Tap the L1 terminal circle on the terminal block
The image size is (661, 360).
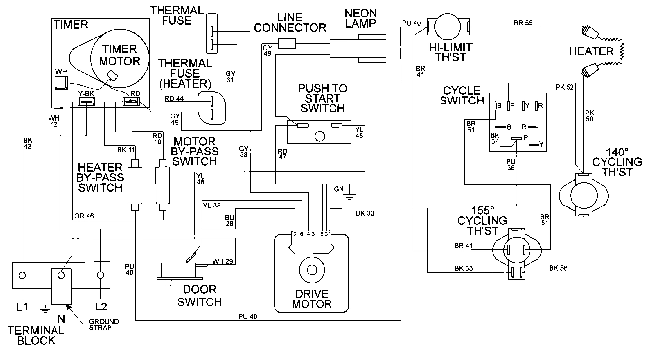pyautogui.click(x=22, y=275)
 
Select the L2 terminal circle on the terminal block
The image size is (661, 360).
pyautogui.click(x=101, y=275)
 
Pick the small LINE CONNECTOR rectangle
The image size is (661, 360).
pyautogui.click(x=287, y=44)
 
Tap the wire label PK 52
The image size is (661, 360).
pyautogui.click(x=564, y=87)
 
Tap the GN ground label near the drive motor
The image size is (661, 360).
pyautogui.click(x=339, y=189)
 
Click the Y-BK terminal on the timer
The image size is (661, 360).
pyautogui.click(x=86, y=103)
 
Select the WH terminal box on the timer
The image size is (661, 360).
pyautogui.click(x=61, y=82)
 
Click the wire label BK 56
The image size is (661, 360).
pyautogui.click(x=558, y=268)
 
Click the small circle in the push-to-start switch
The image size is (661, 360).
pyautogui.click(x=320, y=135)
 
